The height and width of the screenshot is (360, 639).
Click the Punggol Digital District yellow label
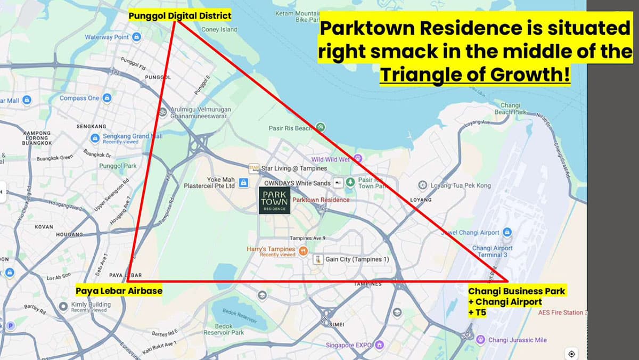tap(180, 16)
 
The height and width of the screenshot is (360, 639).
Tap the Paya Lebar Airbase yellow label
tap(119, 291)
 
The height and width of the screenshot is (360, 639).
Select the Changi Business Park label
tap(517, 291)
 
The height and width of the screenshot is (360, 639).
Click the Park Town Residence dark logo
tap(275, 200)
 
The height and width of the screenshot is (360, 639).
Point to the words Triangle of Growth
tap(474, 75)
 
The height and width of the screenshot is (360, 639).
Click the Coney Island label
tap(219, 30)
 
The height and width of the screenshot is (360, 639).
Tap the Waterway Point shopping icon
tap(137, 37)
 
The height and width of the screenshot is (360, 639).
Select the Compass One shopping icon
tap(107, 98)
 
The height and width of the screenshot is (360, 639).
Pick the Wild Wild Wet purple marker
tap(358, 158)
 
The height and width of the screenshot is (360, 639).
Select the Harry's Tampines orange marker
tap(304, 250)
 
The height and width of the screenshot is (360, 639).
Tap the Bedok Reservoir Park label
tap(224, 329)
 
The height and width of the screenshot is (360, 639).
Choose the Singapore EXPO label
tap(348, 345)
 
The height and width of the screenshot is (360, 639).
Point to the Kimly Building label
tap(91, 305)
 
